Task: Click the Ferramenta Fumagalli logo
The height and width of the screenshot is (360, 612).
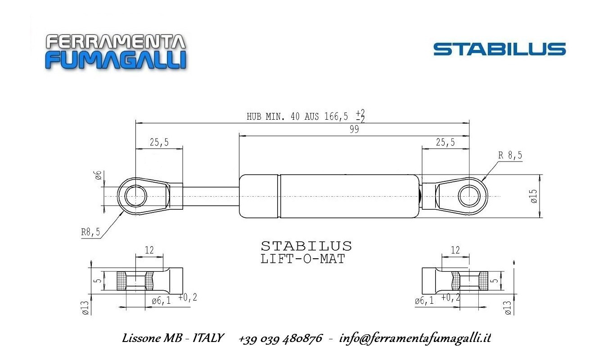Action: (116, 51)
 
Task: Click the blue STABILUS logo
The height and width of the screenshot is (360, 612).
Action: (499, 49)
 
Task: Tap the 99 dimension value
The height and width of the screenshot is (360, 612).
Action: (354, 129)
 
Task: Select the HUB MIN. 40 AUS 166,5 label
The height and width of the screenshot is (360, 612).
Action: (297, 117)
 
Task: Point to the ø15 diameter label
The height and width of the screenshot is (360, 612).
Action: (534, 196)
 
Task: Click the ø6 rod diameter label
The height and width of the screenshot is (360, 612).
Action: (98, 175)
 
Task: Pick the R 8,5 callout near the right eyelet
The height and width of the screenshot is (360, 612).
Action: (510, 155)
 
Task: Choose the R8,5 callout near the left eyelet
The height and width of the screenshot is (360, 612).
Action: (91, 232)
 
